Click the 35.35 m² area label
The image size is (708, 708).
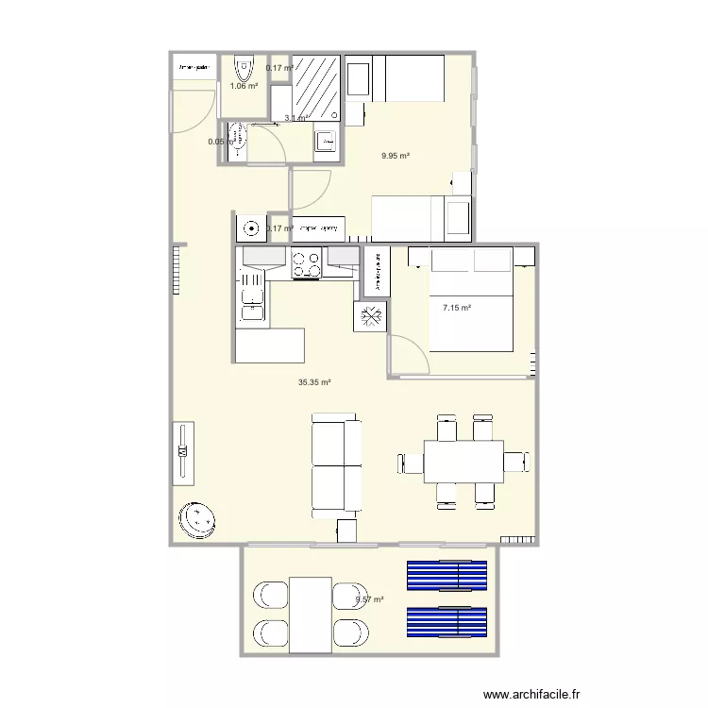314,382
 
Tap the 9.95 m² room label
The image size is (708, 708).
395,157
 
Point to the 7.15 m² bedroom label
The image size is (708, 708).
457,307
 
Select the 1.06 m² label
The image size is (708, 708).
244,86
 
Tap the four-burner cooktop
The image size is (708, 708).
306,263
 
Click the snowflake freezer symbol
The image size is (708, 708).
370,316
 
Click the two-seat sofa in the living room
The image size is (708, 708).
335,464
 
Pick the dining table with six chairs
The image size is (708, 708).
463,463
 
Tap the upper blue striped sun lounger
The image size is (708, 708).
447,575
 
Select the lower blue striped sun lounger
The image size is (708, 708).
447,621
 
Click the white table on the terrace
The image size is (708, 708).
311,615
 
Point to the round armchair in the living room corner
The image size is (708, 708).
196,518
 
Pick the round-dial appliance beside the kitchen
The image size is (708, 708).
251,228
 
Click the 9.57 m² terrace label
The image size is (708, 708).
370,599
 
